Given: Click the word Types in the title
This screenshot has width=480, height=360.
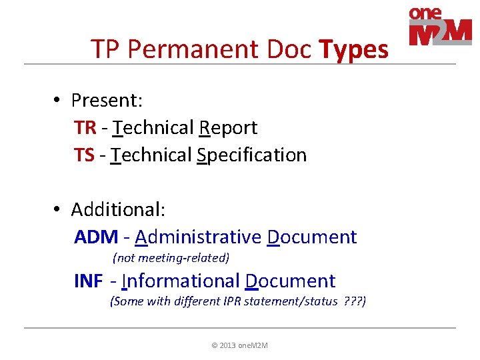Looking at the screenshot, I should [353, 49].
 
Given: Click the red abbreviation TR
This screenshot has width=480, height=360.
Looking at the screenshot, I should [85, 127].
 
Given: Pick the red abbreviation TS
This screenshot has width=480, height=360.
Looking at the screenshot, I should [84, 155].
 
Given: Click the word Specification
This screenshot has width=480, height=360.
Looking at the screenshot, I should [251, 155].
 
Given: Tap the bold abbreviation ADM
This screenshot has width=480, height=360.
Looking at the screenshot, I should [97, 237].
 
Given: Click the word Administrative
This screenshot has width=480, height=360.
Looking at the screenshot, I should [198, 237].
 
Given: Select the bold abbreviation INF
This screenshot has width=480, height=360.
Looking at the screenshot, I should [89, 281].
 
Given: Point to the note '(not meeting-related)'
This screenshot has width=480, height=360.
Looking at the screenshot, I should [171, 257].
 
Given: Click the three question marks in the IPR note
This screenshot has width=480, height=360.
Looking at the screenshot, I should [352, 301].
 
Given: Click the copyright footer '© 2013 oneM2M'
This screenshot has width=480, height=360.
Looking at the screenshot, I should [239, 345].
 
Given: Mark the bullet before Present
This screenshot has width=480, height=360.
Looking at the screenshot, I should [59, 100].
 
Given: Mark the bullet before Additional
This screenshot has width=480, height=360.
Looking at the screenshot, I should [59, 209].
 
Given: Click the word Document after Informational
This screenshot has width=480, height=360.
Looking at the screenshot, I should [290, 281].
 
